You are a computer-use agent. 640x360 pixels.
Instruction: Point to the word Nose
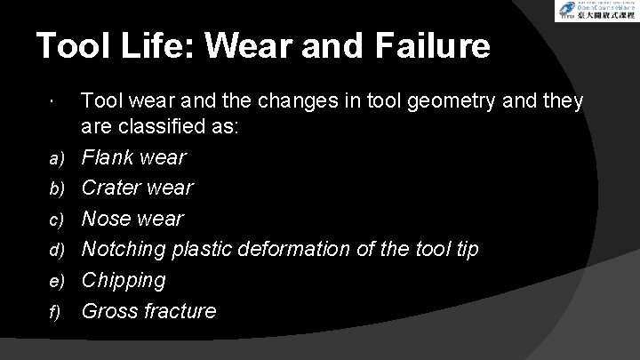(x=108, y=220)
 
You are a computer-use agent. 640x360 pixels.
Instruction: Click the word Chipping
(x=124, y=281)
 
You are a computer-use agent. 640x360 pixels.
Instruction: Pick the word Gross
(x=108, y=311)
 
